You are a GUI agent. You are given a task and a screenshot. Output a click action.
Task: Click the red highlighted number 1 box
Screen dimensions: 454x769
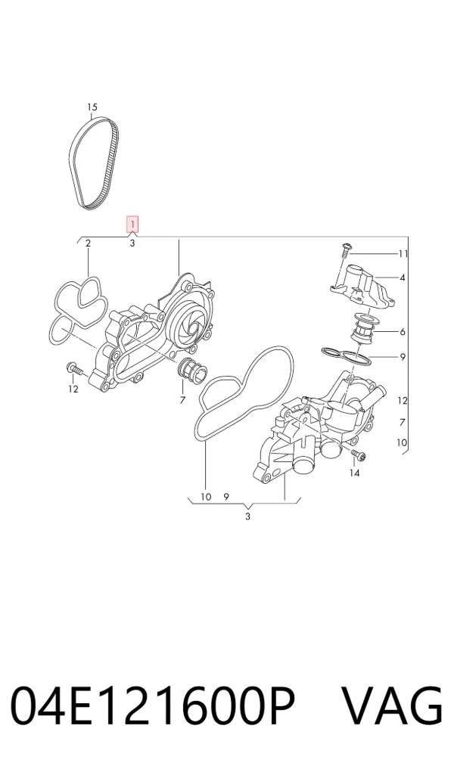click(132, 225)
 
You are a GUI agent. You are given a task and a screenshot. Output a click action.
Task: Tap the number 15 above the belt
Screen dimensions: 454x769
click(92, 107)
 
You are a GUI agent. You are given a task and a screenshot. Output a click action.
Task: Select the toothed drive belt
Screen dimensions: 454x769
click(93, 163)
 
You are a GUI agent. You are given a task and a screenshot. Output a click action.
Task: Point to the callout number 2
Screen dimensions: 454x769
click(89, 243)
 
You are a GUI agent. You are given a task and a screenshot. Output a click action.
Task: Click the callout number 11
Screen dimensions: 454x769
click(403, 253)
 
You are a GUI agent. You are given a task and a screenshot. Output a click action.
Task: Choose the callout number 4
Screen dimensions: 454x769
click(403, 278)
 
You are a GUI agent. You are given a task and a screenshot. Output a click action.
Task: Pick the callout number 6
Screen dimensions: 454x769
click(403, 332)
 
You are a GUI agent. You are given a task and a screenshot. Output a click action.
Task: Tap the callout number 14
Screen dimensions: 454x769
click(354, 473)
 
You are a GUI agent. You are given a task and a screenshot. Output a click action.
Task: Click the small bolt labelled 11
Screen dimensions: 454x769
click(344, 250)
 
